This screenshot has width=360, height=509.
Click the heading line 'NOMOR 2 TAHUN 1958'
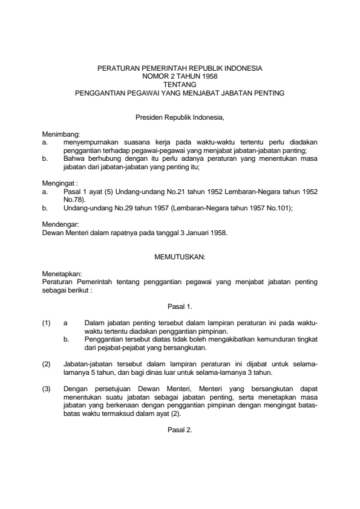pyautogui.click(x=180, y=77)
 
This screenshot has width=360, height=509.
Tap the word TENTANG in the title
pyautogui.click(x=180, y=85)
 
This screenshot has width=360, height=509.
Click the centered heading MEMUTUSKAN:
pyautogui.click(x=180, y=256)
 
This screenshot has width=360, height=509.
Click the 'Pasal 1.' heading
pyautogui.click(x=180, y=306)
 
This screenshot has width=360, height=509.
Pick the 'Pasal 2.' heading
pyautogui.click(x=180, y=430)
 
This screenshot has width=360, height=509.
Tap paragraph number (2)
pyautogui.click(x=47, y=364)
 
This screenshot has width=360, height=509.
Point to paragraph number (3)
pyautogui.click(x=47, y=389)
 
